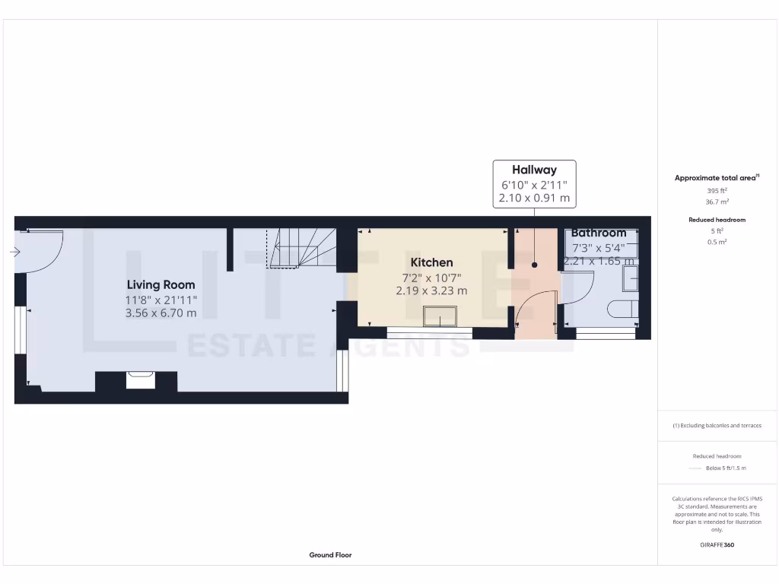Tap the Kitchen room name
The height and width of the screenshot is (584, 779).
pos(431,262)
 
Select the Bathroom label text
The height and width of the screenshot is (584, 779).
pos(599,233)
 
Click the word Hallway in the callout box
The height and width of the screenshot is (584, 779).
pos(534,170)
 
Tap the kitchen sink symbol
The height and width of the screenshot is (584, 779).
pos(440,316)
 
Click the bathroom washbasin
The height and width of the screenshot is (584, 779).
pos(630,278)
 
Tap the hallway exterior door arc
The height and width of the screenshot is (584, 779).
pos(537,308)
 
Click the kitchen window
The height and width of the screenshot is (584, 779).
pos(429,332)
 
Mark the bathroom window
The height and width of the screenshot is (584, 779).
pos(606,333)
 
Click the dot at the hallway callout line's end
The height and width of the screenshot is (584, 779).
pos(534,265)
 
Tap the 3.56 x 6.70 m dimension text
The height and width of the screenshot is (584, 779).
pos(161,313)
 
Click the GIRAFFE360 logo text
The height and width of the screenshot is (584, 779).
pos(717,544)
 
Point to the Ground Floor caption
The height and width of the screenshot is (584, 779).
pos(330,555)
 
